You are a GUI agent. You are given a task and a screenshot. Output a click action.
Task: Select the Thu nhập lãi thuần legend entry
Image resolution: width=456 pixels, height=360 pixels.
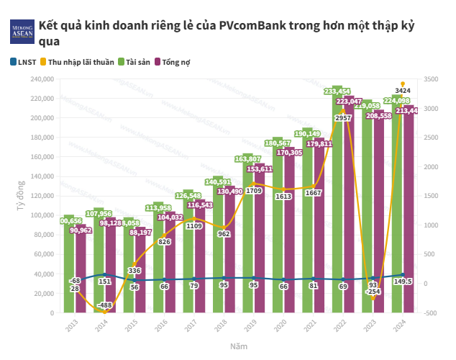pos(78,62)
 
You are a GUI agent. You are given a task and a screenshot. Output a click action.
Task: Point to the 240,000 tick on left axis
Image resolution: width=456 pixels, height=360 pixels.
pos(42,79)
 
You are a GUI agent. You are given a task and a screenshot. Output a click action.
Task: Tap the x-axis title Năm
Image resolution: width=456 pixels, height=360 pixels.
pos(240,346)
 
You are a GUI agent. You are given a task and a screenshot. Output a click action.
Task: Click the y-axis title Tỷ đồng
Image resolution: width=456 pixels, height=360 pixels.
pos(19,195)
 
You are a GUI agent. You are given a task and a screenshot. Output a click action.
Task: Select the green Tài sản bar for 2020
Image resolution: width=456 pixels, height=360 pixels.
pos(277,230)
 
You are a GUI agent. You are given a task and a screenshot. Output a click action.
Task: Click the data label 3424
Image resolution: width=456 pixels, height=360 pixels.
pos(403,91)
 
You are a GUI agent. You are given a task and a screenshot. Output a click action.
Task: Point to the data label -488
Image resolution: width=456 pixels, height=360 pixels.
pos(104,305)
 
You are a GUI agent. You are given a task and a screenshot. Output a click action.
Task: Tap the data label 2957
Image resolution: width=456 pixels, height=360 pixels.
pos(343,117)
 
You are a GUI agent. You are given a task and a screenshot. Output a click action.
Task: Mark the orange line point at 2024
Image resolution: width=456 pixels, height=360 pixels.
pos(403,84)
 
